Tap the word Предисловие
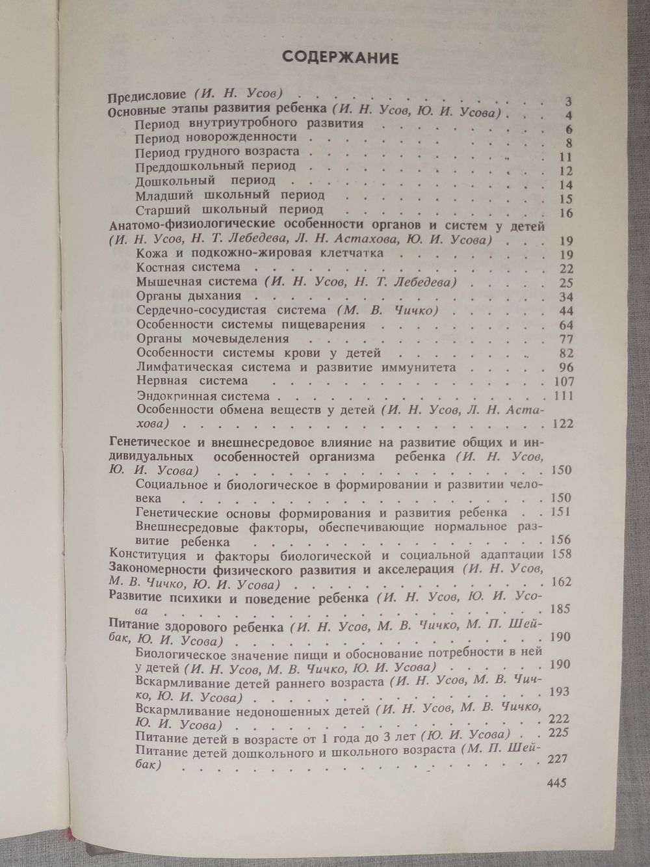[147, 95]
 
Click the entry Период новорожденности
[216, 137]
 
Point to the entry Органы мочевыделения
[213, 339]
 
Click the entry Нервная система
[192, 381]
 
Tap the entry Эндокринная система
[203, 395]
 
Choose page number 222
[560, 719]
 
